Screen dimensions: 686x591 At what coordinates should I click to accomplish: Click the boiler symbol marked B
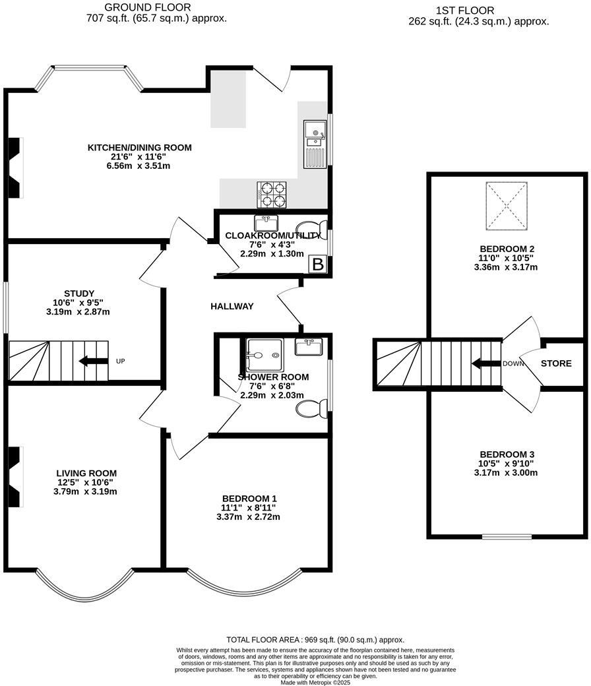(318, 265)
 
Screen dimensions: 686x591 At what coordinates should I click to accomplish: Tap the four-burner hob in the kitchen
(272, 194)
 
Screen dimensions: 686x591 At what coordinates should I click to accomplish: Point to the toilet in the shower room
(309, 409)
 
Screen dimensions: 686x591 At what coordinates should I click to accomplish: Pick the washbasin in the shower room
(309, 347)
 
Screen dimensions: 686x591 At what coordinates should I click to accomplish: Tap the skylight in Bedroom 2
(508, 206)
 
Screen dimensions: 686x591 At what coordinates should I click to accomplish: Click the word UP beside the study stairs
(120, 361)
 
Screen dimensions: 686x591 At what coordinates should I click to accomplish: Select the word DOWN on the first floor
(513, 363)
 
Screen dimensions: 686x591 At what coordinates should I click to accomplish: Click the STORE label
(556, 363)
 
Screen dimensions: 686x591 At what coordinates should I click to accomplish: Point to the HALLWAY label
(232, 306)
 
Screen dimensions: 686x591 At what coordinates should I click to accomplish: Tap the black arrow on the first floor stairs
(484, 363)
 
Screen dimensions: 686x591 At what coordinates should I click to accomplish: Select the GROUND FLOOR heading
(157, 7)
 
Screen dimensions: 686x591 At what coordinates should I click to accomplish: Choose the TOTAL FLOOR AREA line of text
(315, 639)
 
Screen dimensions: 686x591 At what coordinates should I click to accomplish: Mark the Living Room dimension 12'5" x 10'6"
(86, 482)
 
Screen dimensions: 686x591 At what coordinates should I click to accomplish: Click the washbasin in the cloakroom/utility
(267, 221)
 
